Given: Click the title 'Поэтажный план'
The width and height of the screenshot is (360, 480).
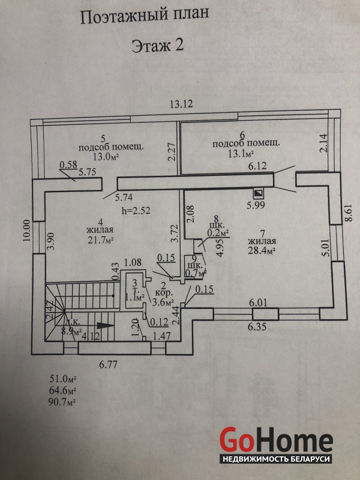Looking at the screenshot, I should [x=145, y=17].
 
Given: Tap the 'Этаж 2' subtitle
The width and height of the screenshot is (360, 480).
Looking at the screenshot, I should [x=157, y=47].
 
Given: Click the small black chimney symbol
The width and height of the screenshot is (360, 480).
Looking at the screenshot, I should [x=259, y=194].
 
